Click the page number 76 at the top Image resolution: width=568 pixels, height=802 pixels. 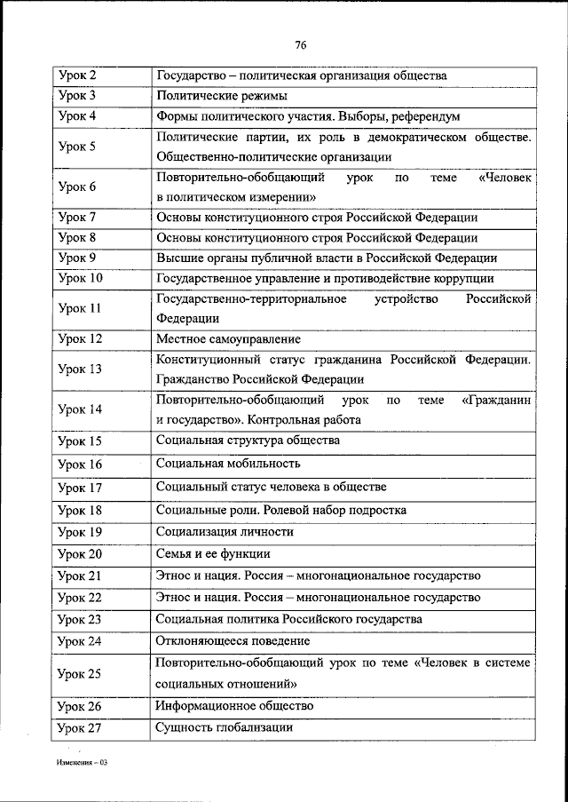pyautogui.click(x=300, y=45)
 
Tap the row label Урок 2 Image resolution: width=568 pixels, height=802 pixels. pyautogui.click(x=77, y=76)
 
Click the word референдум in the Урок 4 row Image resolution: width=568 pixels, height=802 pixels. pyautogui.click(x=428, y=116)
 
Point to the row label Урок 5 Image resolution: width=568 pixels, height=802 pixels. pyautogui.click(x=77, y=147)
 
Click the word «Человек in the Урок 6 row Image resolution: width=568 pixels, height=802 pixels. pyautogui.click(x=505, y=178)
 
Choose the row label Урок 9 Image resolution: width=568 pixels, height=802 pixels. pyautogui.click(x=77, y=258)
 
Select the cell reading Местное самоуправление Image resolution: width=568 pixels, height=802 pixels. pyautogui.click(x=228, y=338)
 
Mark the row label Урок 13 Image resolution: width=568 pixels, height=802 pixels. pyautogui.click(x=80, y=369)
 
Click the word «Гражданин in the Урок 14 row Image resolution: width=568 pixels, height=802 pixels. pyautogui.click(x=497, y=400)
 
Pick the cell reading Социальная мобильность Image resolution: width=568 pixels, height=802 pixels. pyautogui.click(x=228, y=463)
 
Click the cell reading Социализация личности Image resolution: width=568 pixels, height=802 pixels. pyautogui.click(x=225, y=532)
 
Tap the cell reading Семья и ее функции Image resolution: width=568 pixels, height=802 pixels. pyautogui.click(x=212, y=553)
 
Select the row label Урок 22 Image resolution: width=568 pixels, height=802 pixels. pyautogui.click(x=80, y=597)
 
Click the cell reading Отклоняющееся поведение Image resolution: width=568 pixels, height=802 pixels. pyautogui.click(x=233, y=640)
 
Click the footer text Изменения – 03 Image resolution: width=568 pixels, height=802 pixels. pyautogui.click(x=82, y=762)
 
